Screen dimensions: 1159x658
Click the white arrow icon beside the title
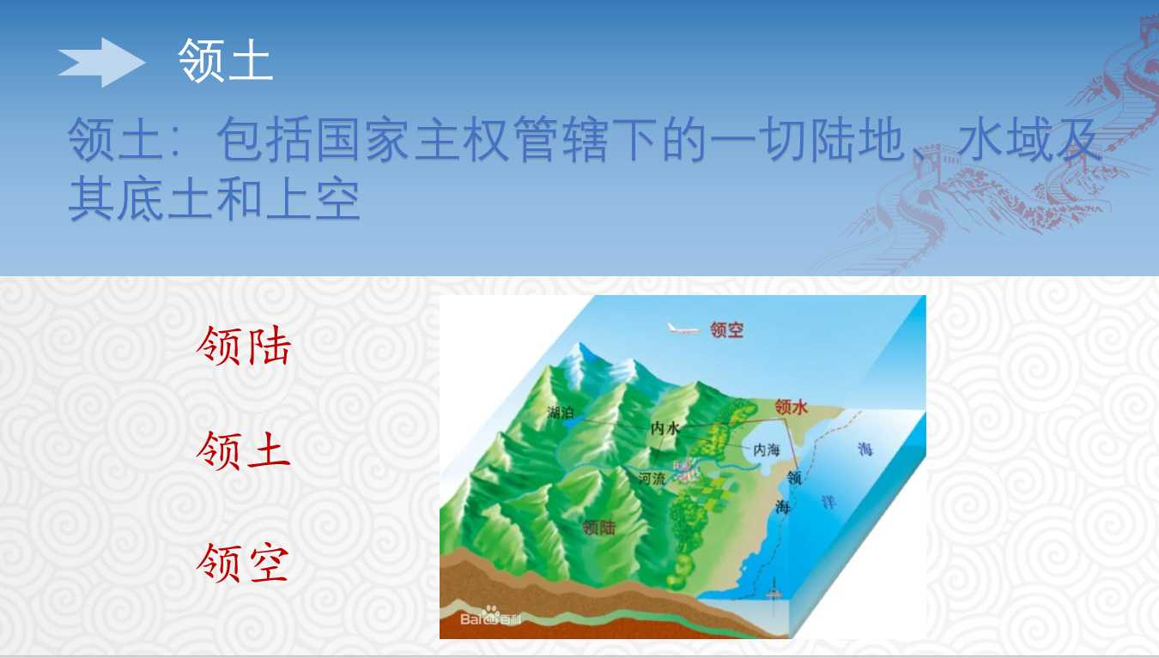[101, 62]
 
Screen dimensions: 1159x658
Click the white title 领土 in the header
[226, 60]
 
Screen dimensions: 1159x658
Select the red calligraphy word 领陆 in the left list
[244, 345]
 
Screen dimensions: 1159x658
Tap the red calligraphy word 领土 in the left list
[243, 450]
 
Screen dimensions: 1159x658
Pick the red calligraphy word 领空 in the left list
[242, 563]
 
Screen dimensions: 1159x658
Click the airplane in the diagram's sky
[683, 329]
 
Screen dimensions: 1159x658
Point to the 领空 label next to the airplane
[726, 329]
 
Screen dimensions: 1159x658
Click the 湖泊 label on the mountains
[561, 412]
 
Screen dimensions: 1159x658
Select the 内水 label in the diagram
[665, 428]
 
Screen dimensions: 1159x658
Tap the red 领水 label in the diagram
[791, 407]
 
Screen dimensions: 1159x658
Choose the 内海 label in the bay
[767, 450]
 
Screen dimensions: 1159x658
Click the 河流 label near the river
[652, 479]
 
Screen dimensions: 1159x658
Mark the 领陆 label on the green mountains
[598, 528]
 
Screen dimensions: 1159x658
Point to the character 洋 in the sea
[828, 502]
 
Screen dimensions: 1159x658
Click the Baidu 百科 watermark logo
[490, 616]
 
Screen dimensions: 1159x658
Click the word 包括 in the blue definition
[264, 139]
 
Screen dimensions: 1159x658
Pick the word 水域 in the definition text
[1004, 138]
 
